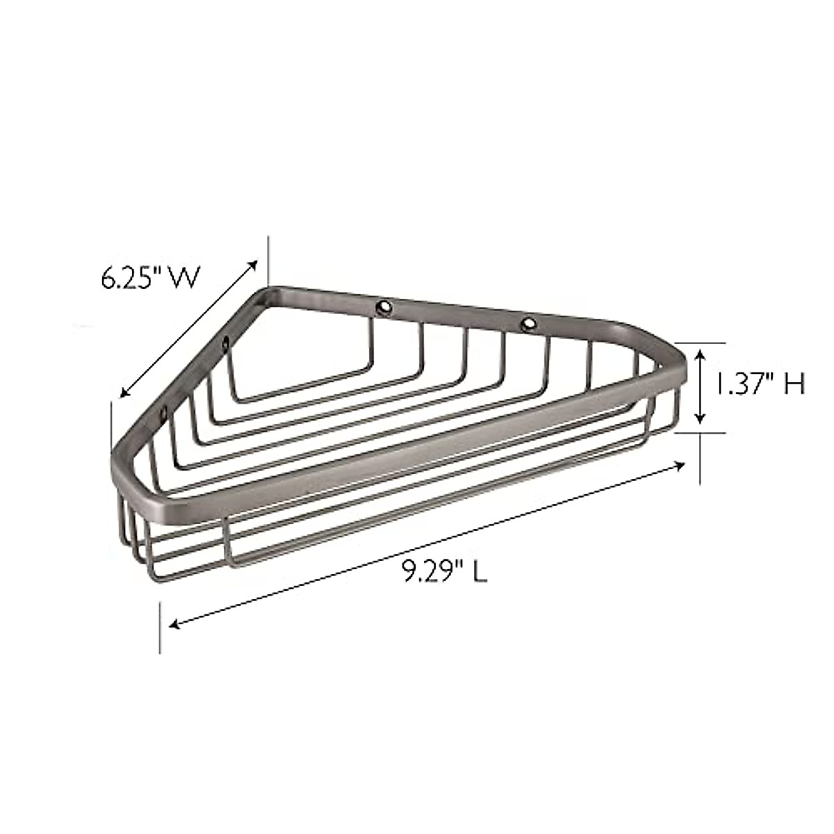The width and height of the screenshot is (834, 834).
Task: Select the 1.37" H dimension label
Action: [760, 384]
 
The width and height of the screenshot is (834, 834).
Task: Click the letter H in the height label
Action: [795, 384]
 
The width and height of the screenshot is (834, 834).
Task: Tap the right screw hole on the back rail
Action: [528, 322]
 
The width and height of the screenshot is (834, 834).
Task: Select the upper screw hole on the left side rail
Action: [225, 342]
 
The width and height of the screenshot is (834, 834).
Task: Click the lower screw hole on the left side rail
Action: [162, 416]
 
